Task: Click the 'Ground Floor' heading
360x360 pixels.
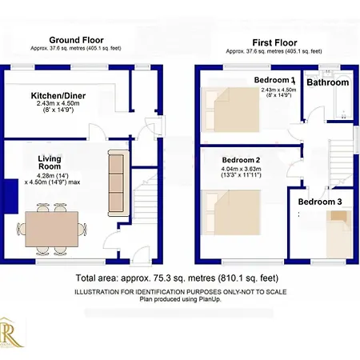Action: pyautogui.click(x=76, y=39)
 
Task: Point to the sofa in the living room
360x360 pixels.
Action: pyautogui.click(x=117, y=184)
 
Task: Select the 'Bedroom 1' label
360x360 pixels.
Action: pyautogui.click(x=275, y=81)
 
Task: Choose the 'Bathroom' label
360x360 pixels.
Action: pyautogui.click(x=329, y=82)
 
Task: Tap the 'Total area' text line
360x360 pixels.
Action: pyautogui.click(x=179, y=278)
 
